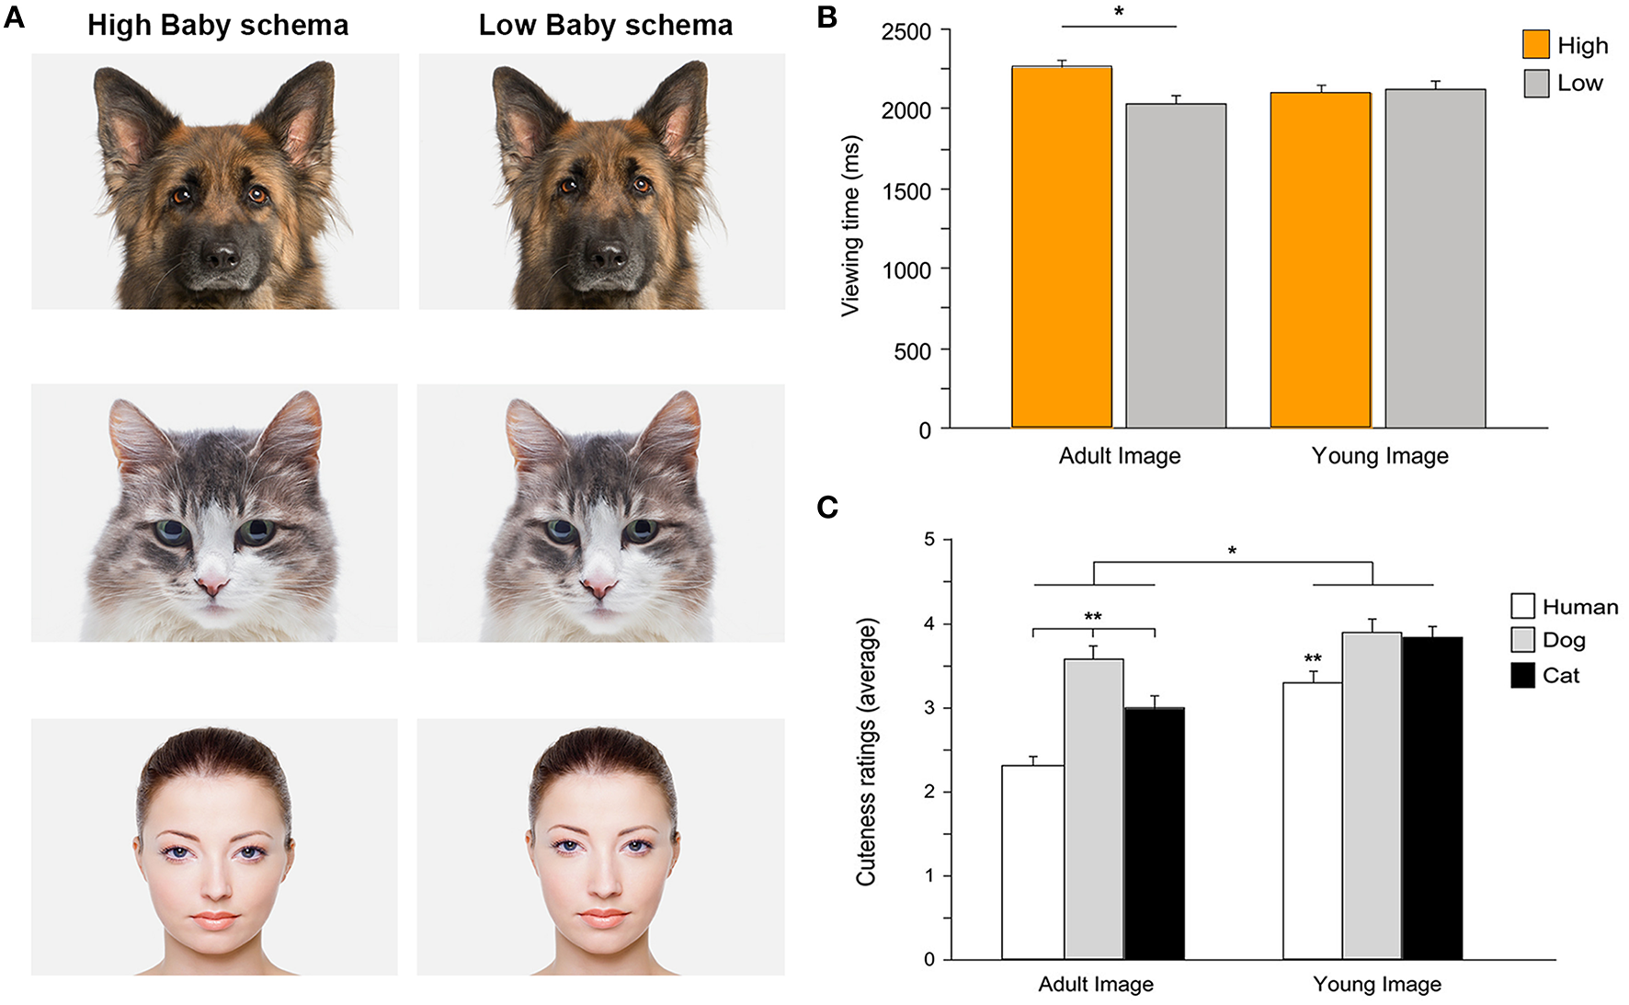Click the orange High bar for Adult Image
(1062, 248)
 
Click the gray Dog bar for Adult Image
(1094, 809)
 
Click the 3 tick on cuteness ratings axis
(929, 708)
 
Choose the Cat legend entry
(1544, 676)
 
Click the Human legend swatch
(1522, 606)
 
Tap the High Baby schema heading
(218, 26)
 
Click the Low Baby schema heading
(605, 26)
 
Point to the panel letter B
(826, 17)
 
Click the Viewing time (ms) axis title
(851, 226)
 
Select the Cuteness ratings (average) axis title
(866, 752)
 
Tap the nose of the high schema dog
(220, 256)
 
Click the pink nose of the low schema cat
(600, 586)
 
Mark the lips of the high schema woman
(214, 919)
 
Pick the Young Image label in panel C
(1376, 985)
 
